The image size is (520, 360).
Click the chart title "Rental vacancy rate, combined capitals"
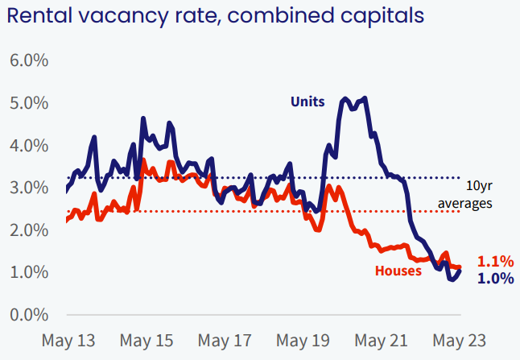tap(217, 16)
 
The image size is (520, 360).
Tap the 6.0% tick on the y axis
tap(28, 61)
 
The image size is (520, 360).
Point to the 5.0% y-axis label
tap(28, 104)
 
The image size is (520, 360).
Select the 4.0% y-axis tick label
tap(28, 146)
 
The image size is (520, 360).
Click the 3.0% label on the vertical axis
tap(28, 188)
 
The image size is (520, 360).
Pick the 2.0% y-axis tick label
tap(28, 230)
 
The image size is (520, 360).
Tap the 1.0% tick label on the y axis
tap(28, 272)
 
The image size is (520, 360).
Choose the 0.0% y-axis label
tap(28, 314)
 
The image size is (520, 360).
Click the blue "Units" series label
tap(307, 101)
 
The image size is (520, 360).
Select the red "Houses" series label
tap(398, 271)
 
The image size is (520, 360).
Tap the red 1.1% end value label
tap(495, 261)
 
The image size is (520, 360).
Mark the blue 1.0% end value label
tap(495, 279)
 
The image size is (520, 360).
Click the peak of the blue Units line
tap(365, 98)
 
